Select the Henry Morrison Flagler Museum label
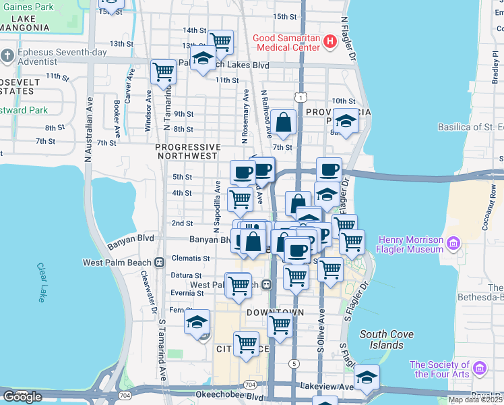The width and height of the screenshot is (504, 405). [411, 244]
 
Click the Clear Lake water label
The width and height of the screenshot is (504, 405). [41, 282]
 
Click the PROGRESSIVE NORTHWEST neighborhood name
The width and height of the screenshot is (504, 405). [188, 151]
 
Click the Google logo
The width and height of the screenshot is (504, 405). [22, 397]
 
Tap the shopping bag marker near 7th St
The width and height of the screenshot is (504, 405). [284, 122]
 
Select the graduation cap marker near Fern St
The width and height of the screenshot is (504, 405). [197, 321]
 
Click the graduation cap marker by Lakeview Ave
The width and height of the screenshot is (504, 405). [367, 377]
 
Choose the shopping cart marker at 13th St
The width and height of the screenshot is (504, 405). [220, 41]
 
